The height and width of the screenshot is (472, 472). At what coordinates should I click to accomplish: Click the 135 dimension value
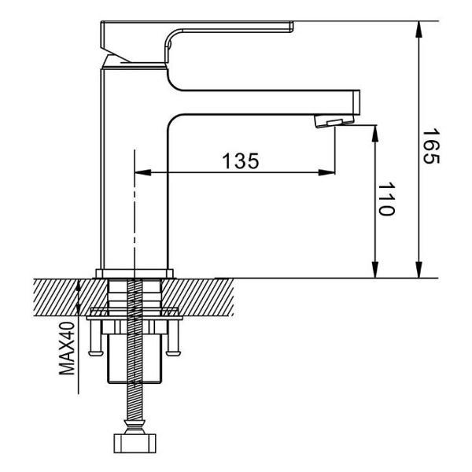click(239, 161)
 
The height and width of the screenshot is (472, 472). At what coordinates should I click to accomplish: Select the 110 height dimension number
click(386, 200)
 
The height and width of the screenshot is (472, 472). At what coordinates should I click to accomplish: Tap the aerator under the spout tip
click(330, 120)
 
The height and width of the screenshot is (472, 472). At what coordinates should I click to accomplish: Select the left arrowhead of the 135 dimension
click(142, 173)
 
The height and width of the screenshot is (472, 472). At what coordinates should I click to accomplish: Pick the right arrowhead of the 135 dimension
click(328, 173)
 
